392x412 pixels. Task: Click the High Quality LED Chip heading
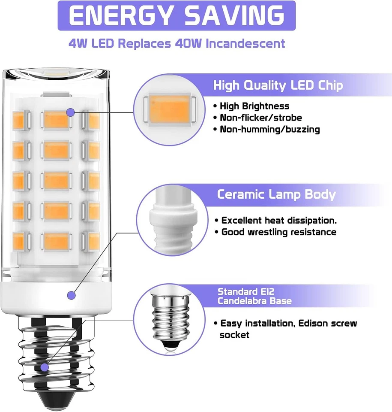click(x=278, y=85)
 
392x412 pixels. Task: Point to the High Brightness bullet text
click(x=254, y=106)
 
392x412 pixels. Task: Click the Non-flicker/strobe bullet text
click(x=261, y=118)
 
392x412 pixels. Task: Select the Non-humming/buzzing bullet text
click(x=269, y=129)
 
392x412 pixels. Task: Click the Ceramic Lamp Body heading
click(x=276, y=194)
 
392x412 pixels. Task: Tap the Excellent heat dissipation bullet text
click(x=278, y=221)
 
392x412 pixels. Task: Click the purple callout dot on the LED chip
click(x=70, y=112)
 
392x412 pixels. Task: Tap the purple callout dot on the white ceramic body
click(x=70, y=295)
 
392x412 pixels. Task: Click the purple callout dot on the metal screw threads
click(x=45, y=367)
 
